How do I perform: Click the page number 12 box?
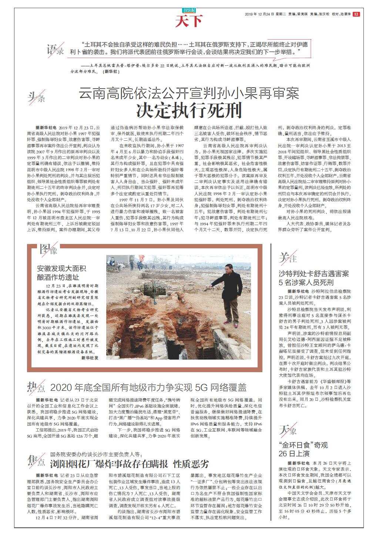click(356, 14)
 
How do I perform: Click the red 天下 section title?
click(189, 21)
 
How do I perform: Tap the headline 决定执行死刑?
click(189, 110)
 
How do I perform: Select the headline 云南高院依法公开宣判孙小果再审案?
click(189, 93)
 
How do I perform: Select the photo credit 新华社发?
click(90, 358)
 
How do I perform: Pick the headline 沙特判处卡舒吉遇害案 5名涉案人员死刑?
click(313, 278)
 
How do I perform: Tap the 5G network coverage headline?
click(148, 388)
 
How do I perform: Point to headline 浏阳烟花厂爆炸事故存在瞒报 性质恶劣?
click(129, 464)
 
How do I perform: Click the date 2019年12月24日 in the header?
click(259, 14)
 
